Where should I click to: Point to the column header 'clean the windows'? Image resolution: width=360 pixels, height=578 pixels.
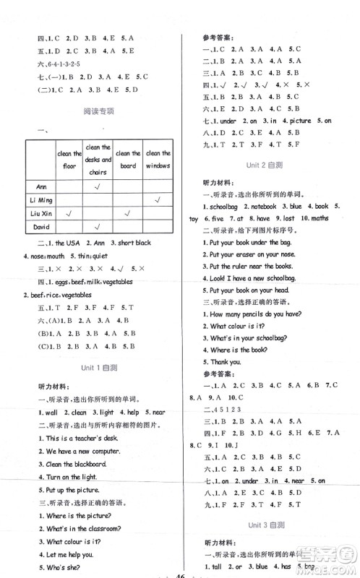pyautogui.click(x=158, y=159)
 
